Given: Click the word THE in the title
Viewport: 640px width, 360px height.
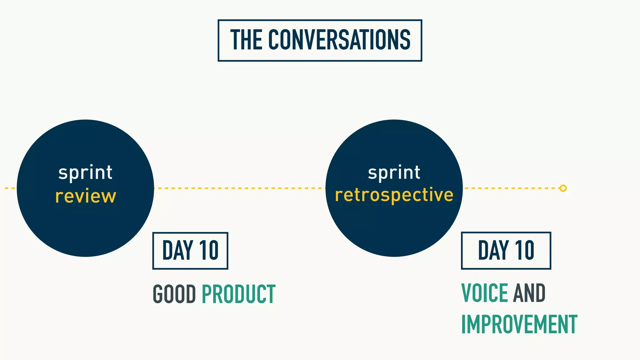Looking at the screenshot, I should (x=246, y=40).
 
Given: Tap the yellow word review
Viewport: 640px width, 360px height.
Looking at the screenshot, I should (x=86, y=196).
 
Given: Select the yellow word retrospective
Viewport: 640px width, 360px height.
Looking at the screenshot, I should (x=394, y=195).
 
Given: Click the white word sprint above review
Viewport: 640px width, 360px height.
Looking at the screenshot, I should (x=85, y=173).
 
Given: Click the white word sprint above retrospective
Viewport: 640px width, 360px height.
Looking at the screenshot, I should (x=394, y=173).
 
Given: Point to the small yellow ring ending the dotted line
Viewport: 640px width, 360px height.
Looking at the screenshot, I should (x=563, y=188).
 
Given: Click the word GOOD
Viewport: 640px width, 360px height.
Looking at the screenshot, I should (x=174, y=294).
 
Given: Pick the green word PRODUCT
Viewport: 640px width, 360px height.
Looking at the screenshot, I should (x=238, y=294).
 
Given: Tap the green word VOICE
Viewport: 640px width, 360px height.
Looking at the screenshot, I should (x=484, y=293).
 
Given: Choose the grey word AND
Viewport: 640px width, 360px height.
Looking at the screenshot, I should (x=529, y=293).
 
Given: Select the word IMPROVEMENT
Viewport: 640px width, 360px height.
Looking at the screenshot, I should (x=519, y=325).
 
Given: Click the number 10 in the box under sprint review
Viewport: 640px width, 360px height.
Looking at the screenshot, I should (x=209, y=250).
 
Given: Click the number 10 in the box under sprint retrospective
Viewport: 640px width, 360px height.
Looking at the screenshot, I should (x=524, y=250).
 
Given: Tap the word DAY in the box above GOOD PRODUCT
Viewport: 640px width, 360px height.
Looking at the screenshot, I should (x=177, y=250).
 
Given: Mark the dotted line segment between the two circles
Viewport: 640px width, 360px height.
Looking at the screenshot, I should (x=239, y=188).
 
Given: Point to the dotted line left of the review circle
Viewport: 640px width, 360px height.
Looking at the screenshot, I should (x=9, y=188).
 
